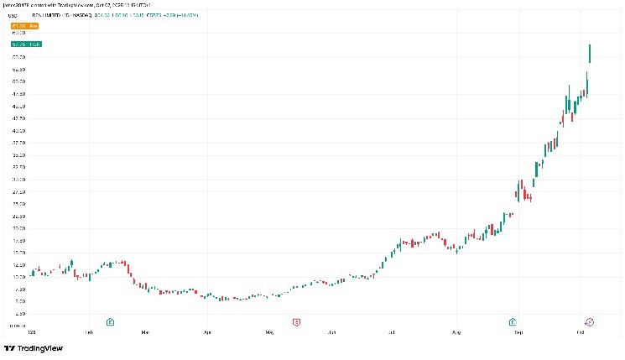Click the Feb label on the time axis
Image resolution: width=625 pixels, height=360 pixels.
click(x=89, y=331)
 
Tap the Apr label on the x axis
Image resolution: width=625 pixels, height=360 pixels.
click(x=206, y=331)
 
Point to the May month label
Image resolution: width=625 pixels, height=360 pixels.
click(x=269, y=331)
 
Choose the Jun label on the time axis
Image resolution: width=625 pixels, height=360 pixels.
click(x=333, y=331)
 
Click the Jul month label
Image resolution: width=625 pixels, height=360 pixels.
click(x=392, y=331)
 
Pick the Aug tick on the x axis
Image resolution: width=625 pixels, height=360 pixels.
click(x=456, y=331)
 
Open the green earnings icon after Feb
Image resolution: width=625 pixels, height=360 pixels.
click(x=110, y=321)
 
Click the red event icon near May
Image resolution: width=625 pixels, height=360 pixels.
click(x=295, y=321)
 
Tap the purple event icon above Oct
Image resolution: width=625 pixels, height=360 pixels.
click(x=589, y=321)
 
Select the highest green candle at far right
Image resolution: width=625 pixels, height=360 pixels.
click(x=591, y=53)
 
